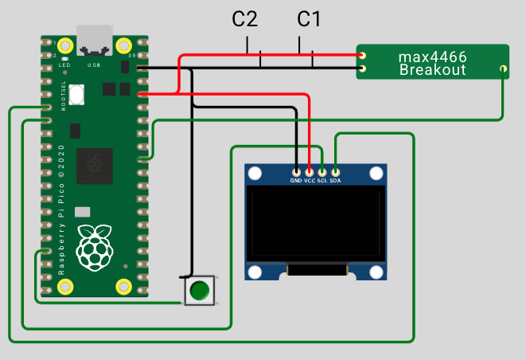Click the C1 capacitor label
(310, 20)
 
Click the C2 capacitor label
(245, 20)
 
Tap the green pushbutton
(200, 290)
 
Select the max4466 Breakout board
(431, 62)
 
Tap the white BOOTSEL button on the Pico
(76, 94)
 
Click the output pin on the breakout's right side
(503, 70)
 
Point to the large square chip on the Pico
(94, 166)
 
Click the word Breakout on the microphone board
(431, 71)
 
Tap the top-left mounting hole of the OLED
(255, 174)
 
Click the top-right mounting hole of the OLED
(376, 174)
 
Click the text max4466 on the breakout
(431, 57)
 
